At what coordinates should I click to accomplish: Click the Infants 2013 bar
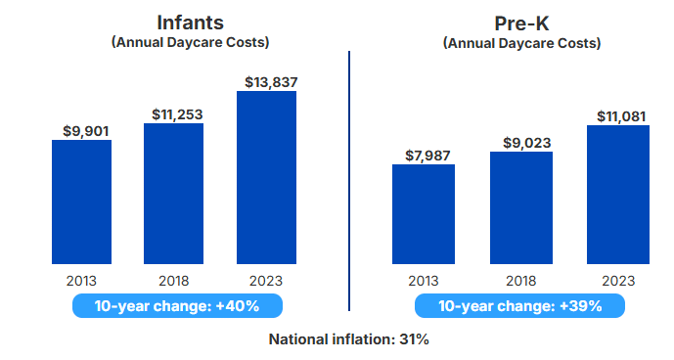tap(81, 202)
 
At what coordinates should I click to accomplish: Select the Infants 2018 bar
tap(174, 194)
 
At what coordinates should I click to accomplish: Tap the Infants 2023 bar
tap(266, 177)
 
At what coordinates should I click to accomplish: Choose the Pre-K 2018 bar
tap(520, 207)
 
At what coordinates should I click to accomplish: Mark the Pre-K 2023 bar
tap(618, 195)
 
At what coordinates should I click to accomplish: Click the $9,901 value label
tap(82, 130)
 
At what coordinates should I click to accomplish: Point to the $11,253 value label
tap(177, 113)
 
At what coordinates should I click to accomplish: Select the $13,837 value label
tap(267, 80)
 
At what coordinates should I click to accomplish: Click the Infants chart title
tap(190, 22)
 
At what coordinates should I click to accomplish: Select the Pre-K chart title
tap(520, 22)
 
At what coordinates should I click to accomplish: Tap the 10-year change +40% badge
tap(177, 306)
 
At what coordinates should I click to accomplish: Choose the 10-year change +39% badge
tap(520, 306)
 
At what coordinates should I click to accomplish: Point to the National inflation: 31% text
tap(349, 339)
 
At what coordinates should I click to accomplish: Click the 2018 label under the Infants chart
tap(174, 280)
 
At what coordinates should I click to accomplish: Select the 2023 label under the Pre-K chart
tap(618, 280)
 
